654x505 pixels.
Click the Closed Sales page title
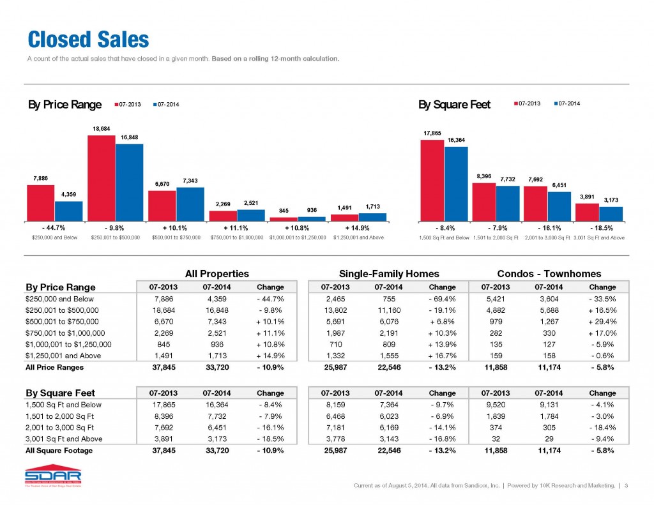click(88, 40)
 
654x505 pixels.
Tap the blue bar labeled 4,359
click(68, 211)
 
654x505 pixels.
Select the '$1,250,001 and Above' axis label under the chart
click(359, 237)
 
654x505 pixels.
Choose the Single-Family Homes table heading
click(389, 273)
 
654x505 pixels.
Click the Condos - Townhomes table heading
click(550, 273)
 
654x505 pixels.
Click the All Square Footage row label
click(59, 450)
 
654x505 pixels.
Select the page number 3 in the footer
click(627, 487)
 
